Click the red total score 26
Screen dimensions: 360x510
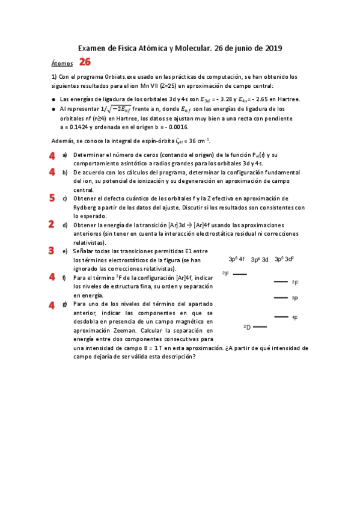point(85,62)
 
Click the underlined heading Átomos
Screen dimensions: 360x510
point(62,63)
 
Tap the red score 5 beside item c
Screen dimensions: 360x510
point(52,197)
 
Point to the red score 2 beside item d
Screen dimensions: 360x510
point(52,224)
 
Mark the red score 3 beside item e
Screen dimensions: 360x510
point(52,250)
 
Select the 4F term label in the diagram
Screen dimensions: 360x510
point(294,318)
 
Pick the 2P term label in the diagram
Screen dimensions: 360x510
point(294,298)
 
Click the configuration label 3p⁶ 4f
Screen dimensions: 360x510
point(236,259)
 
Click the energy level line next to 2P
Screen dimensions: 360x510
point(280,298)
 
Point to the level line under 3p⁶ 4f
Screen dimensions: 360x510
point(240,274)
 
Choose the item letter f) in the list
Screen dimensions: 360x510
point(64,278)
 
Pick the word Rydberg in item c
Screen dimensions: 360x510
point(88,207)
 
